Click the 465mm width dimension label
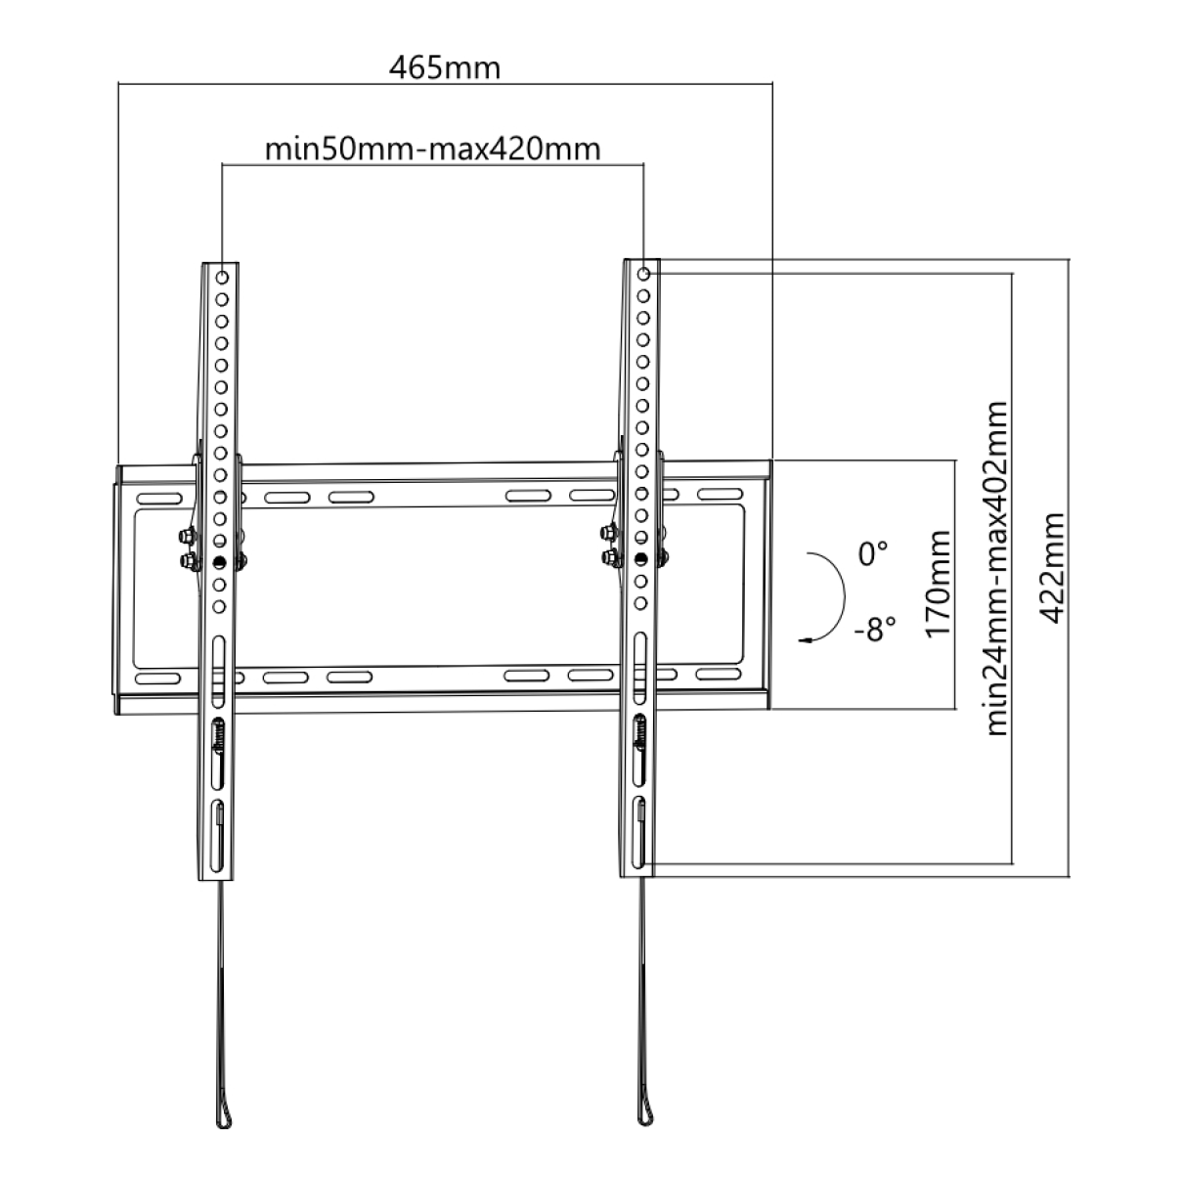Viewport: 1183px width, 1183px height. coord(444,68)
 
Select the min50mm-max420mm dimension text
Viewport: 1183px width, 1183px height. coord(432,149)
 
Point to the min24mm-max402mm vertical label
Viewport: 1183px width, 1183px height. coord(997,567)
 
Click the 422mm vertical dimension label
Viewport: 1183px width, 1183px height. coord(1053,568)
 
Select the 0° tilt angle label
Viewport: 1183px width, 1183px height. coord(872,554)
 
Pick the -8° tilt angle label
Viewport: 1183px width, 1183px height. coord(874,630)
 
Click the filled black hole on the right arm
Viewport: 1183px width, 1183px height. coord(640,558)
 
